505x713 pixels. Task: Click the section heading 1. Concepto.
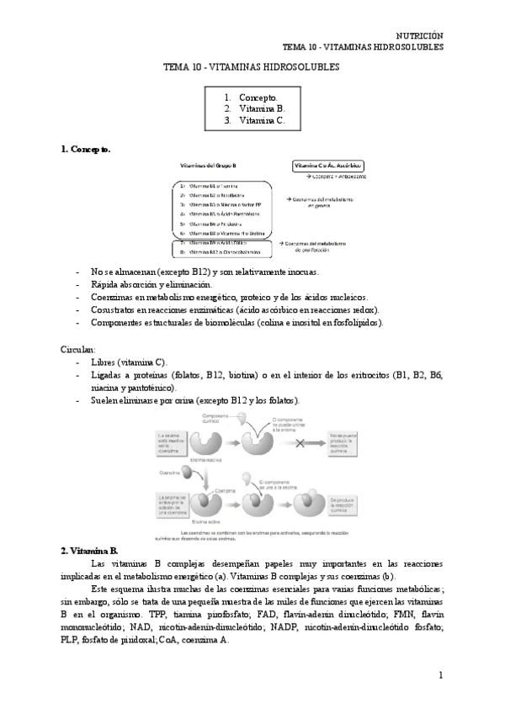(85, 149)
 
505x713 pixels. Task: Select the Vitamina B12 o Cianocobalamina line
(222, 251)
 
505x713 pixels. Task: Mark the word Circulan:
(78, 348)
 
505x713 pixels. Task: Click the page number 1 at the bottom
(441, 675)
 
